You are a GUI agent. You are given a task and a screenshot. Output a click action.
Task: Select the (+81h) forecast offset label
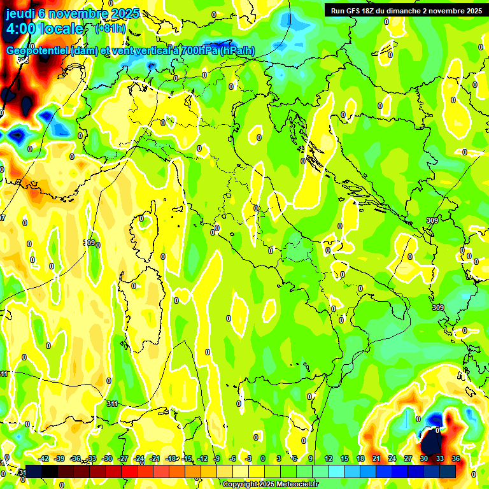110,29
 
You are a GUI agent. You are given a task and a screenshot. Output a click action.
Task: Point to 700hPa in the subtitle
199,51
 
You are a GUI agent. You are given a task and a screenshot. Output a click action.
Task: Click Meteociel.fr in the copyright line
297,485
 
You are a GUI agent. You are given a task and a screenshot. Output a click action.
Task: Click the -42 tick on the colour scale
44,458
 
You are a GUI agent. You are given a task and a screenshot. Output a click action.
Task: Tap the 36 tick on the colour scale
455,458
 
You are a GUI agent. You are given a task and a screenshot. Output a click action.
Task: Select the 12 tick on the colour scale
328,458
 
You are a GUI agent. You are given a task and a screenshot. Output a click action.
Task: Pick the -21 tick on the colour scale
155,458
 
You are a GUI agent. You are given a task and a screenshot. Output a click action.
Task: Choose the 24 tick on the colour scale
392,458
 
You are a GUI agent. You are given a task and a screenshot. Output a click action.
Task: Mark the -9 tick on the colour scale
216,458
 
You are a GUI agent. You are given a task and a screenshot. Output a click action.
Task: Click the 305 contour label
23,60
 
